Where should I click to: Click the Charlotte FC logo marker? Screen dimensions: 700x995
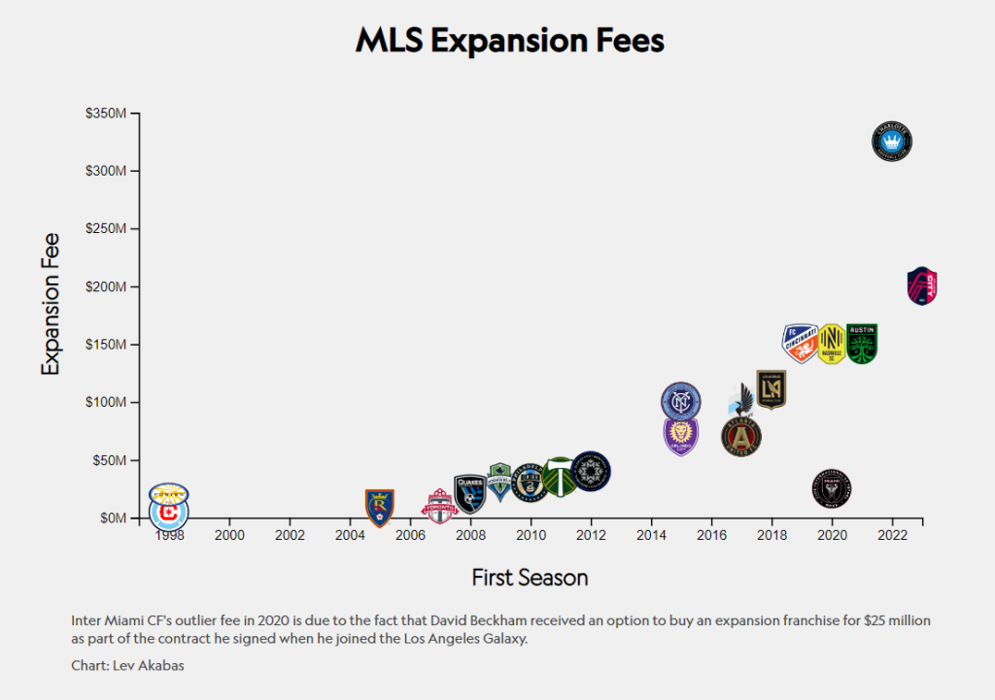point(892,142)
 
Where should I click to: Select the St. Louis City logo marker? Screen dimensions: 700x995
point(922,286)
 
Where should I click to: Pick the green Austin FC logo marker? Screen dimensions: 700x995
point(862,344)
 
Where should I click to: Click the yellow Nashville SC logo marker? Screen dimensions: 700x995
point(831,344)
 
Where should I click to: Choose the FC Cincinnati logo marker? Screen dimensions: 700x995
point(801,343)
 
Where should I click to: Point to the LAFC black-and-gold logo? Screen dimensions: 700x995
point(771,389)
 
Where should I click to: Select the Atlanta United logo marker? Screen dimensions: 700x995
point(740,436)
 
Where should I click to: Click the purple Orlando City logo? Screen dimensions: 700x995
point(681,435)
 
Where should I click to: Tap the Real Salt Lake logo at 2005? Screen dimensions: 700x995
point(379,507)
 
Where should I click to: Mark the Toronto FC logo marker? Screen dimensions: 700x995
point(439,506)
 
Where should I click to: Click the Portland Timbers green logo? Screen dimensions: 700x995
point(559,477)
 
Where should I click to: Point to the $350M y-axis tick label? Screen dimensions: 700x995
point(106,113)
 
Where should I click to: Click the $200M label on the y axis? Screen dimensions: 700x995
point(106,286)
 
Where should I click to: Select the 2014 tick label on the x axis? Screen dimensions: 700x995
point(651,535)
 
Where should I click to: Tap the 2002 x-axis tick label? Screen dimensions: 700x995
point(290,535)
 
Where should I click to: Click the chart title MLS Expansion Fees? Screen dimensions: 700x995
point(509,41)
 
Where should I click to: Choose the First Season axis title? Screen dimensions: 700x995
point(530,578)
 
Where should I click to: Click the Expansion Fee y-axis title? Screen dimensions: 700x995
point(51,303)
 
